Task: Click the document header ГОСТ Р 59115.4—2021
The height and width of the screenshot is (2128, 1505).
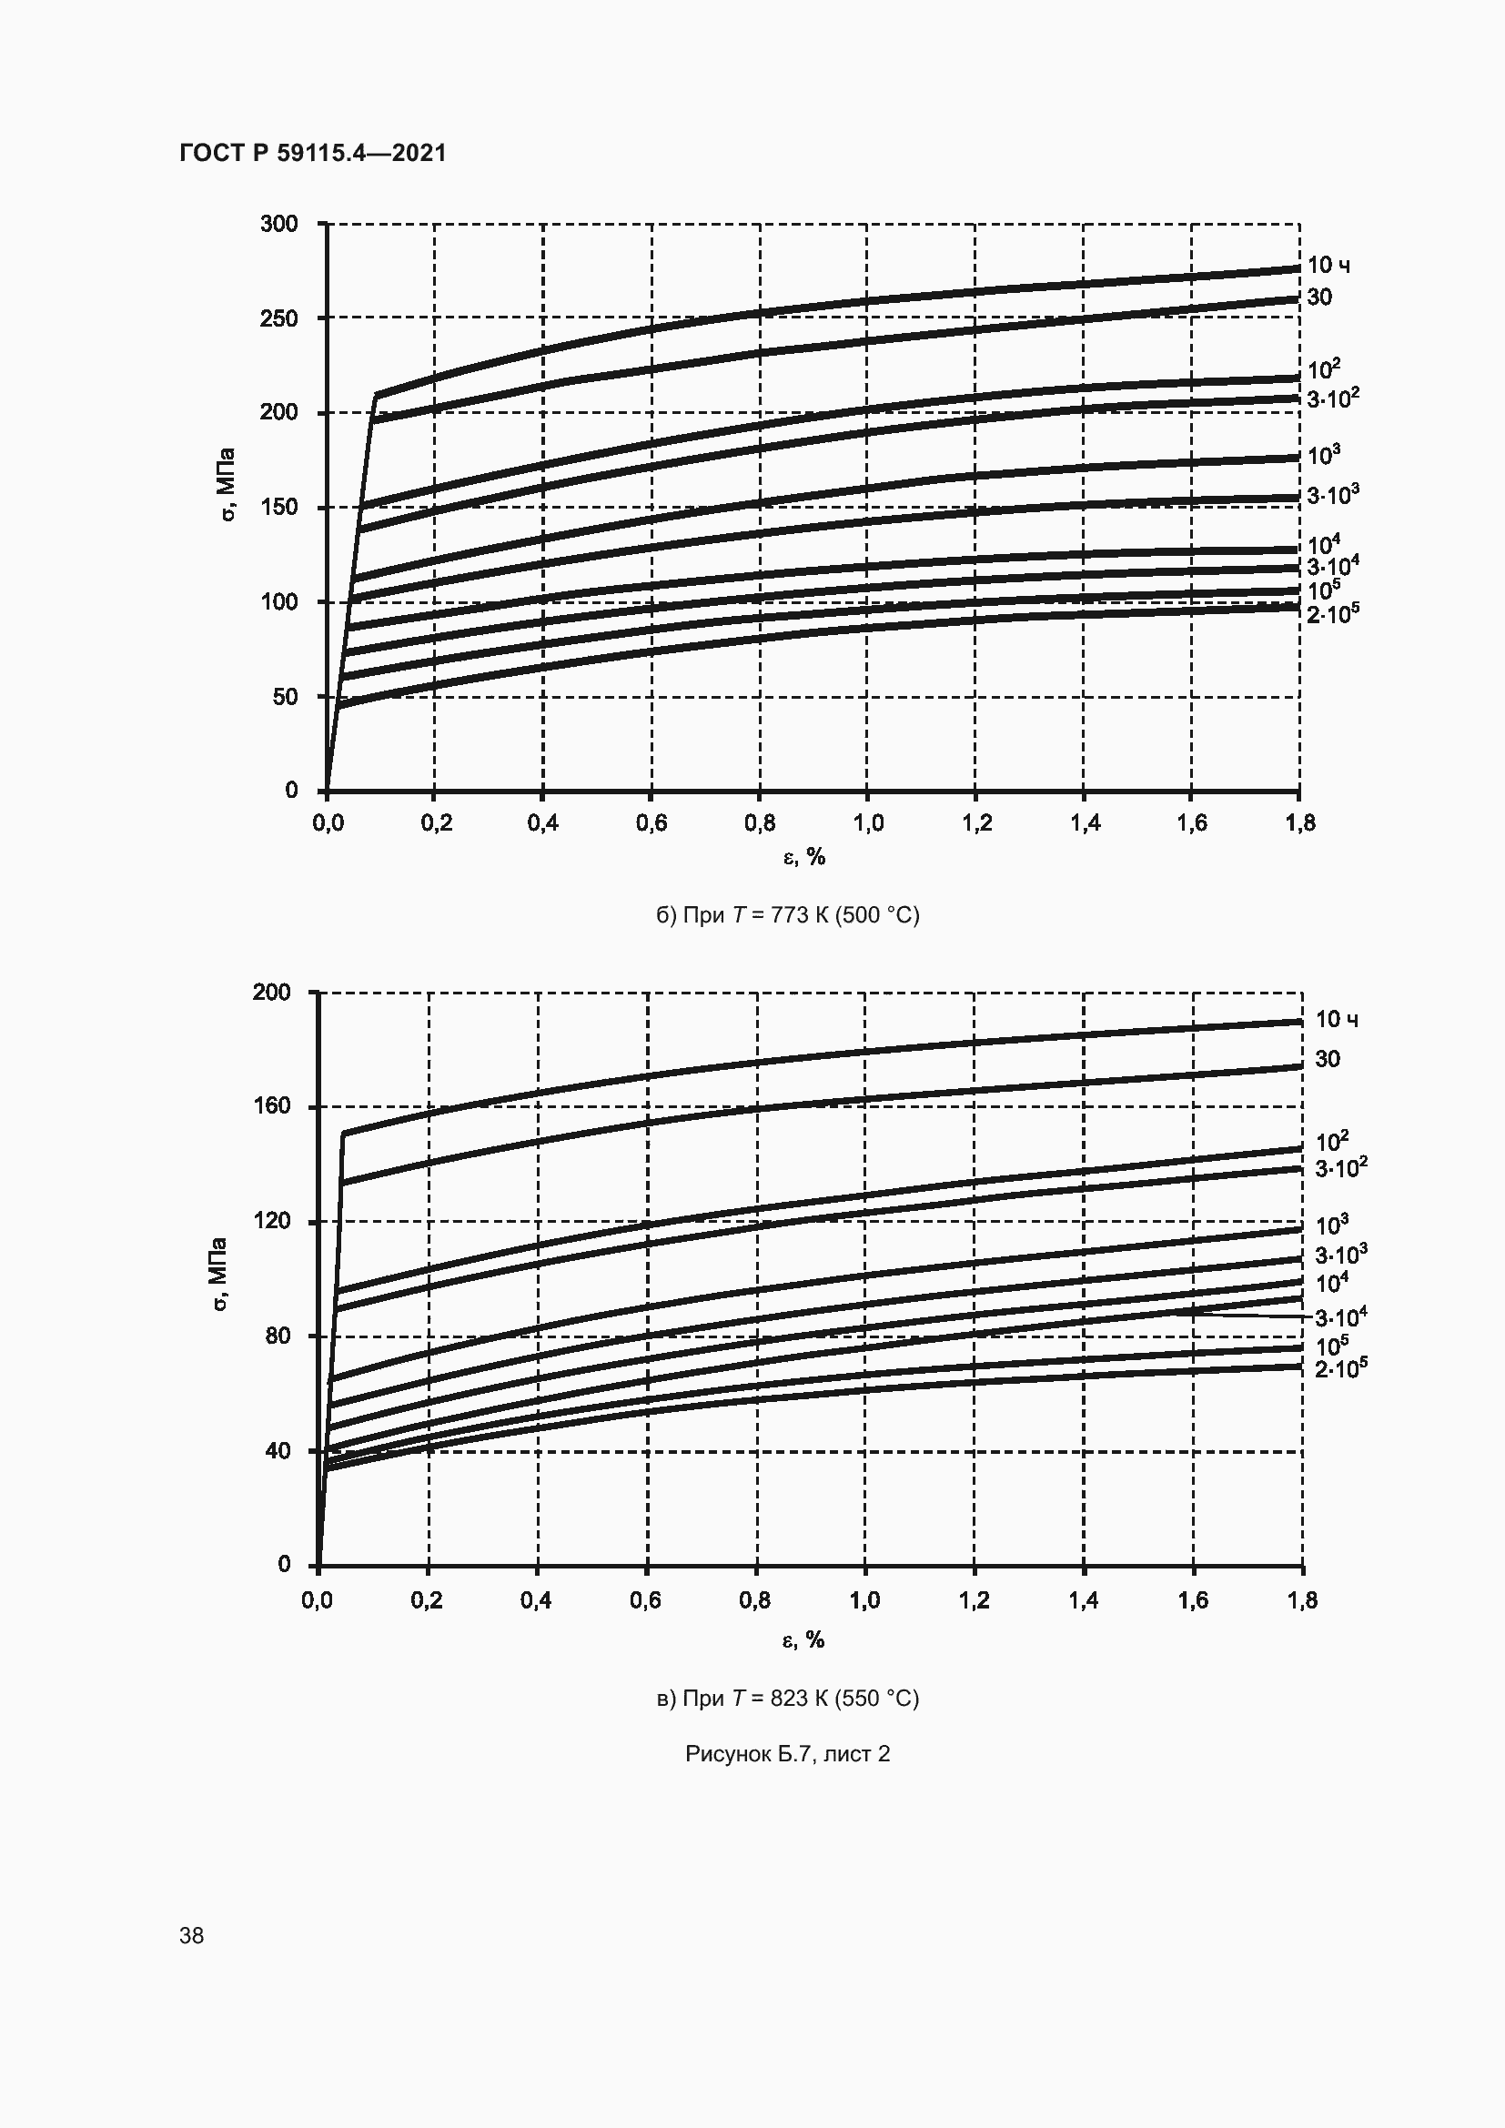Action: (312, 153)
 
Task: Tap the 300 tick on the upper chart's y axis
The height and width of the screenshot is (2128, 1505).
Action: (279, 224)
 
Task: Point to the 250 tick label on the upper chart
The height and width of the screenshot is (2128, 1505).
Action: (279, 318)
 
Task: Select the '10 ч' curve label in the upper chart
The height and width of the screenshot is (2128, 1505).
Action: (1328, 266)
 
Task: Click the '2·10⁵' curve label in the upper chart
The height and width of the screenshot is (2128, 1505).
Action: (1333, 612)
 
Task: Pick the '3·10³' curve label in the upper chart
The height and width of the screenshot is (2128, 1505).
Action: (1333, 495)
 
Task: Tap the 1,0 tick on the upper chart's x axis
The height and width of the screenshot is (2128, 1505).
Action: (867, 823)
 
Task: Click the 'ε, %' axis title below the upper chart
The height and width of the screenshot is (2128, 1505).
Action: (804, 857)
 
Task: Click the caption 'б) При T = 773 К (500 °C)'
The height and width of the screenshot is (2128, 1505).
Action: (788, 916)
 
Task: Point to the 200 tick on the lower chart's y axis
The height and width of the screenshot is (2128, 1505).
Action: (271, 993)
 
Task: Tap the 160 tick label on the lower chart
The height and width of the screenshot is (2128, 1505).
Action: (271, 1105)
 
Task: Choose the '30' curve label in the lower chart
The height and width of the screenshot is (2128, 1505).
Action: (1327, 1059)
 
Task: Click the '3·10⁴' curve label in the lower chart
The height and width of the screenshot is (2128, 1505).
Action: (1341, 1316)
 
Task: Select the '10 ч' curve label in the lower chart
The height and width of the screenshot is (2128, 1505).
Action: (1337, 1020)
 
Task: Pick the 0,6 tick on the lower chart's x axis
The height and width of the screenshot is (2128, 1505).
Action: (645, 1599)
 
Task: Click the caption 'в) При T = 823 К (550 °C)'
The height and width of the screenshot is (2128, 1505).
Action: (788, 1698)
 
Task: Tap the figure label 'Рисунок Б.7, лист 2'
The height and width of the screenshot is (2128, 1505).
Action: (788, 1753)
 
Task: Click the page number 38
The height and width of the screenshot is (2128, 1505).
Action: (192, 1935)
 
